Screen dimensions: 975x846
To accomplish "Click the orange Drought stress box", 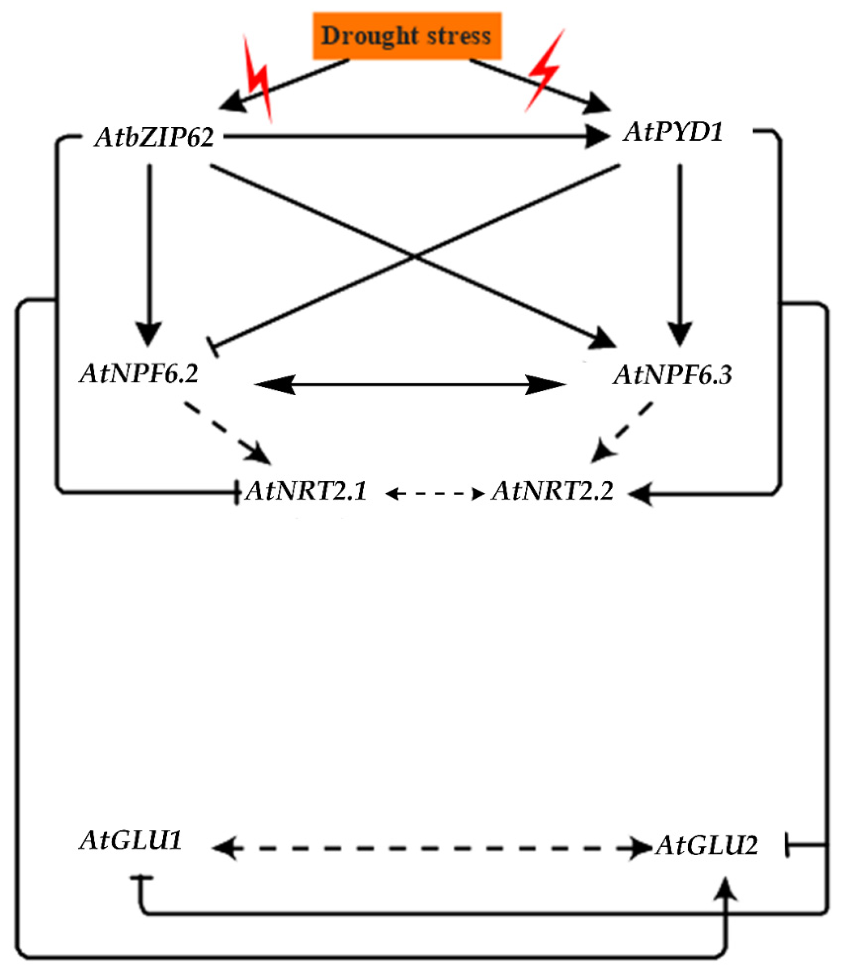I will (407, 36).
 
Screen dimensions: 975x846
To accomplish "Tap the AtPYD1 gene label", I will (673, 132).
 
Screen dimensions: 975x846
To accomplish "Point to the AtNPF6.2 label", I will (139, 373).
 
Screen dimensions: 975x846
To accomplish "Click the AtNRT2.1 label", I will (306, 491).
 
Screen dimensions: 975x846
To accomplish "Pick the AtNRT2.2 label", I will (552, 491).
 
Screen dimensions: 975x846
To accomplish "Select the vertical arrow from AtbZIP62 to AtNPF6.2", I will (149, 250).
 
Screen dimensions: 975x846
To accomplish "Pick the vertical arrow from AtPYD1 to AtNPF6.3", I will (680, 250).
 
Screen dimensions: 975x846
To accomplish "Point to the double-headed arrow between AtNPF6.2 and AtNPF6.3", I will (410, 385).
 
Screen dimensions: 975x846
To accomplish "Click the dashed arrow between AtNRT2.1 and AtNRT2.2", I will (435, 494).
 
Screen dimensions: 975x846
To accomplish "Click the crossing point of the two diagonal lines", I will (415, 256).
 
